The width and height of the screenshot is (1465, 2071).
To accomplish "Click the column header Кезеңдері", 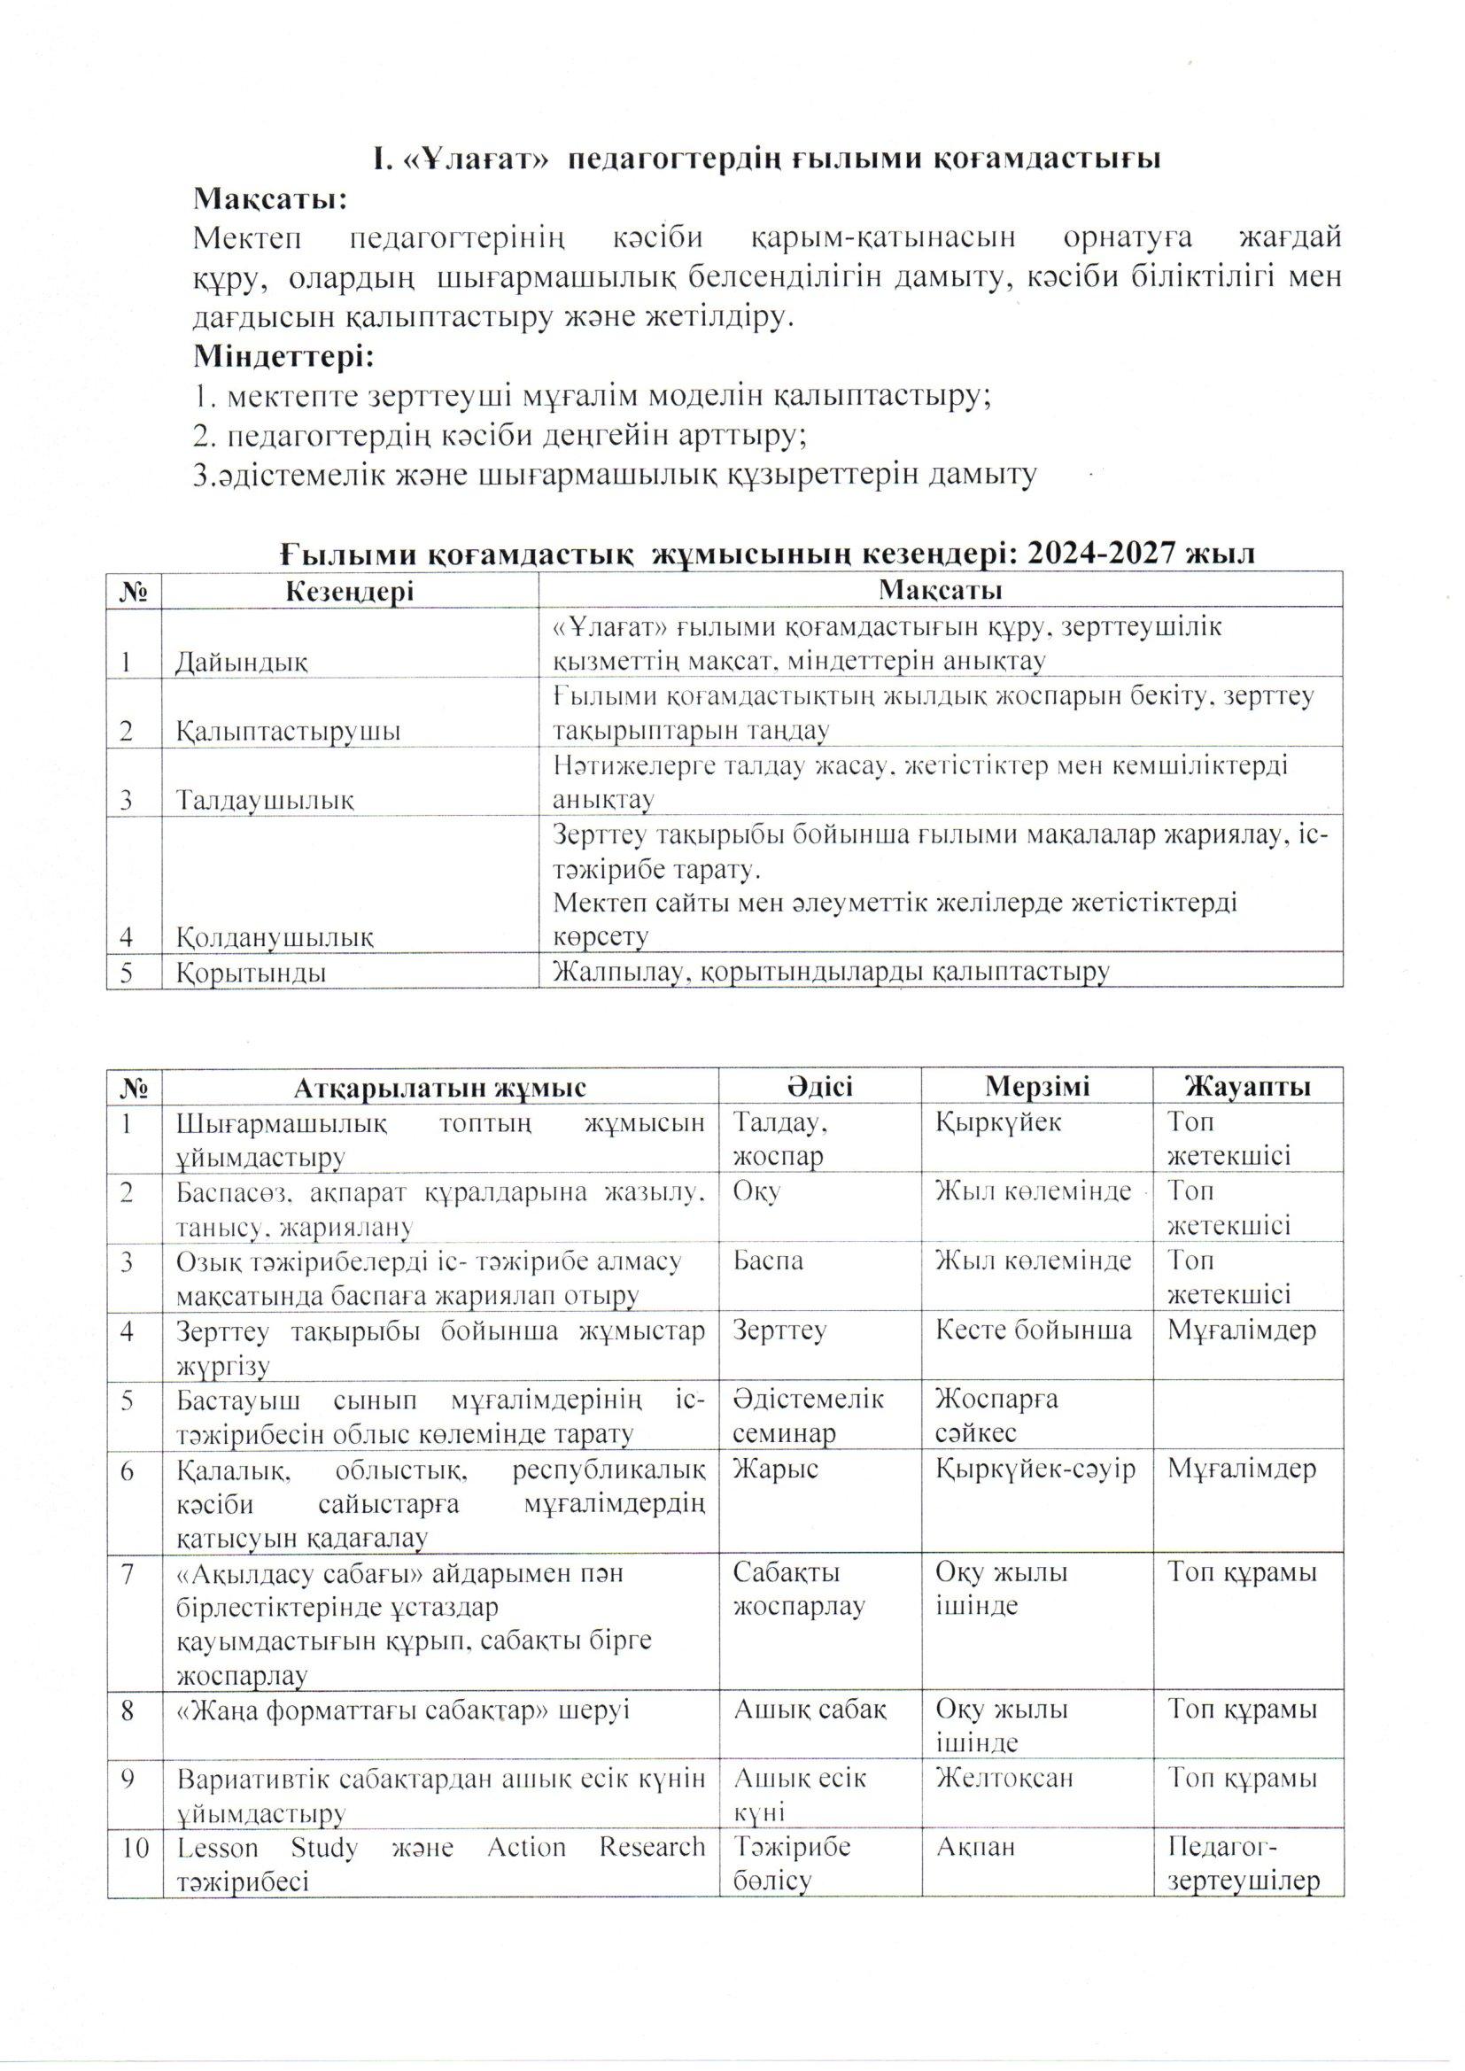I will coord(350,591).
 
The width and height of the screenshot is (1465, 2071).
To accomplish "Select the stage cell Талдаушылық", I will coord(265,799).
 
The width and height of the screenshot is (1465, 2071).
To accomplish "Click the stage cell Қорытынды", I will coord(252,973).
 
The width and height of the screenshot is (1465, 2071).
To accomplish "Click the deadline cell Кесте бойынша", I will coord(1034,1330).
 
